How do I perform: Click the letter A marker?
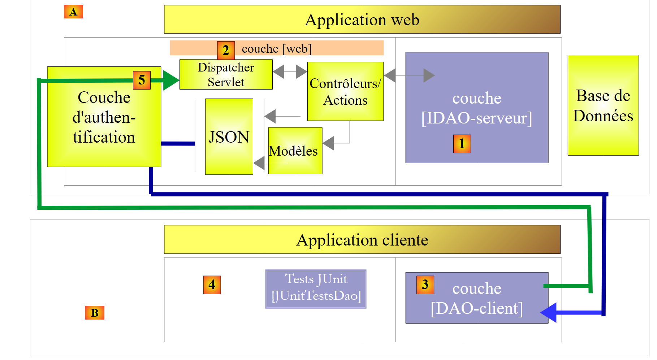(73, 12)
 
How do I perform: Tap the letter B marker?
(95, 313)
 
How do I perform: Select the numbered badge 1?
(462, 144)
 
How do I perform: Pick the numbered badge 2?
(226, 50)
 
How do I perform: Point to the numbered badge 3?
(425, 285)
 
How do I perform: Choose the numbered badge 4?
(212, 285)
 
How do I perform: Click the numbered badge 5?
(142, 80)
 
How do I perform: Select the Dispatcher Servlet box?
(226, 74)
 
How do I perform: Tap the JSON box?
(229, 136)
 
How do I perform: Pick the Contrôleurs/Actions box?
(345, 91)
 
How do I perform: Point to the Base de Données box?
(603, 105)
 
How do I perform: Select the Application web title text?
(362, 19)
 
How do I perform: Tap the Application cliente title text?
(362, 240)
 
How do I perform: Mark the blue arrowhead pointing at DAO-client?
(549, 312)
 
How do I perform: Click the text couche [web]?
(276, 48)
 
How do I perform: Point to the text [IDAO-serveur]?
(477, 118)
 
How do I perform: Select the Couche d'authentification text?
(104, 117)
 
